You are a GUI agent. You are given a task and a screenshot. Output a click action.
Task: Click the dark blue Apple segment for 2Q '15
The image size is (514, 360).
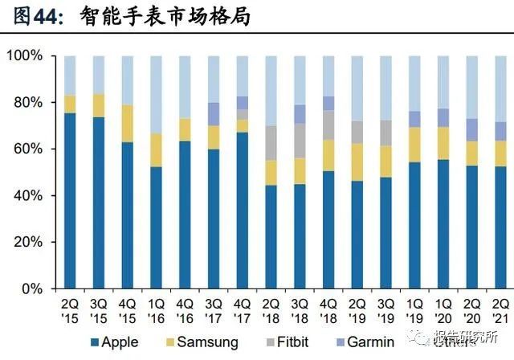(x=70, y=201)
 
